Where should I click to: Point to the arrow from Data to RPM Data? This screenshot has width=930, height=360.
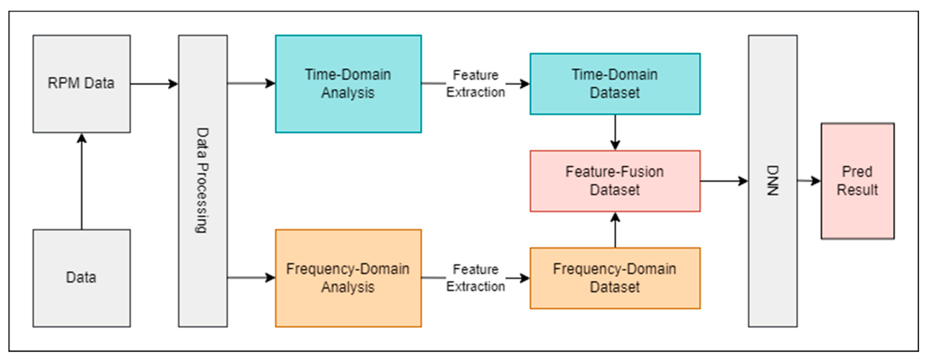tap(82, 181)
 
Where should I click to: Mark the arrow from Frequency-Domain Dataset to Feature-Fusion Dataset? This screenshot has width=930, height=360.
tap(615, 230)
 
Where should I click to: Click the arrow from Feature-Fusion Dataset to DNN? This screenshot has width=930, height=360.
tap(724, 181)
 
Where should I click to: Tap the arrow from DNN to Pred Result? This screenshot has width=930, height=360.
tap(809, 181)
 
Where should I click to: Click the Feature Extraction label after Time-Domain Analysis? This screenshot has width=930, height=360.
tap(475, 84)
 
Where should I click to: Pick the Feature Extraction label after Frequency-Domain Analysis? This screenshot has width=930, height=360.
tap(475, 278)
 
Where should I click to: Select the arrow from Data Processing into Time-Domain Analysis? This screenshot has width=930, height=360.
tap(251, 83)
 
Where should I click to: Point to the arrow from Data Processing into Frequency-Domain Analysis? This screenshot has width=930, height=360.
tap(251, 278)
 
